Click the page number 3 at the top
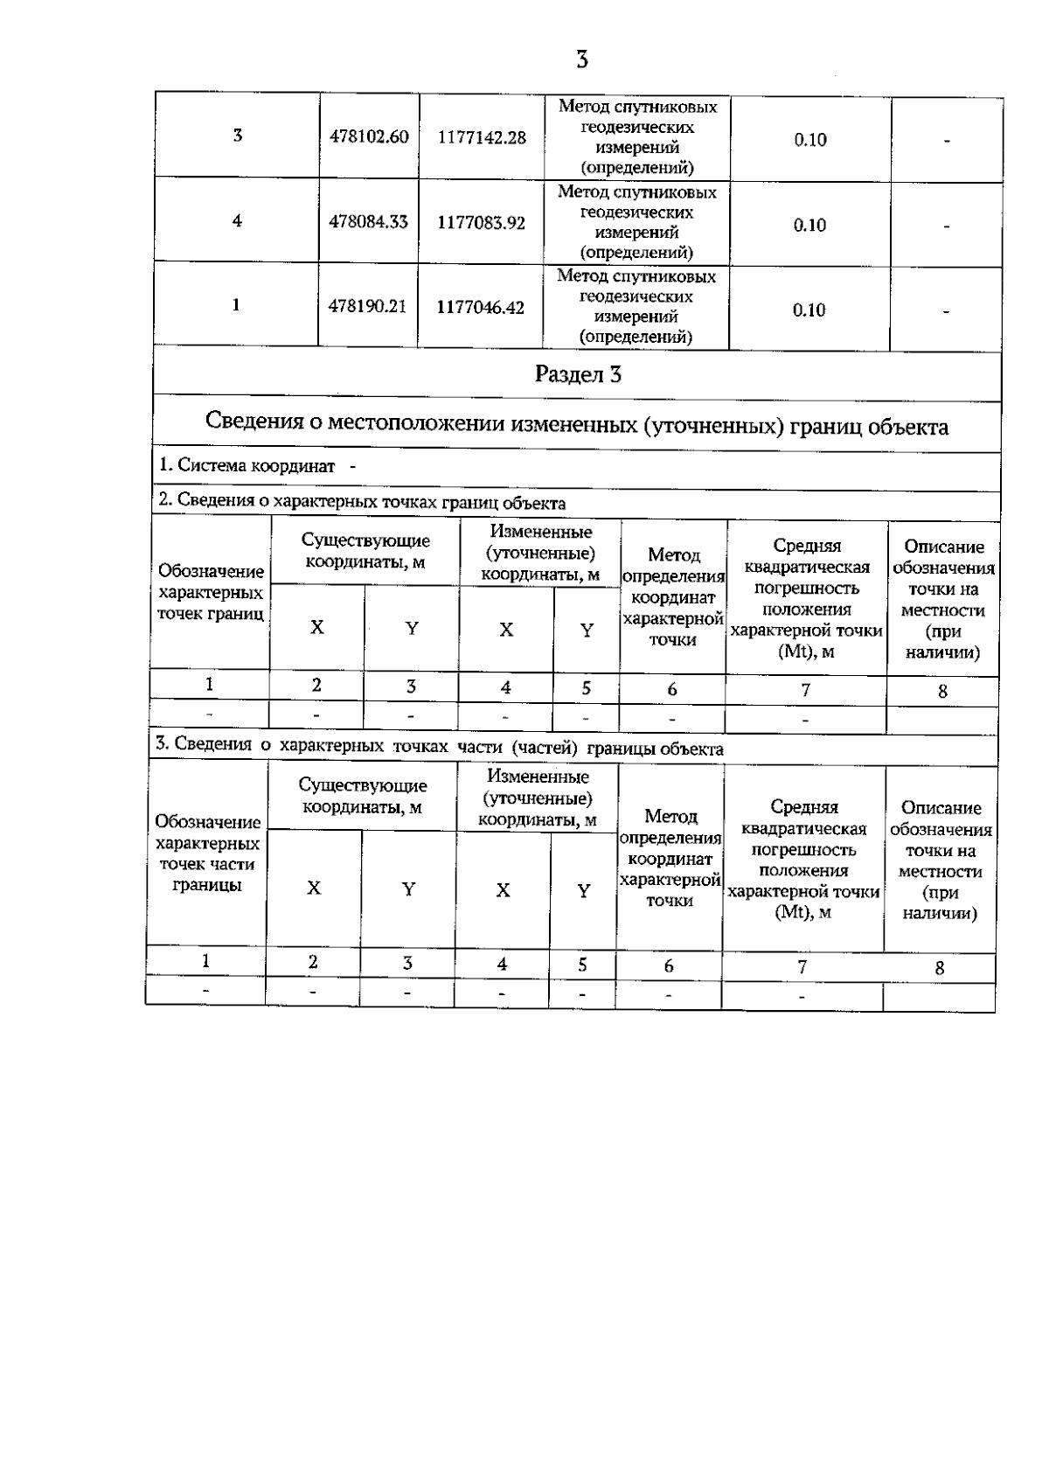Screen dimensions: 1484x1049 pyautogui.click(x=582, y=59)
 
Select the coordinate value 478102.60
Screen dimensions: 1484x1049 pyautogui.click(x=369, y=137)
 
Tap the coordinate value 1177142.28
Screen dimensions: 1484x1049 pyautogui.click(x=482, y=137)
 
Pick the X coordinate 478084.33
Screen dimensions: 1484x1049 pyautogui.click(x=368, y=222)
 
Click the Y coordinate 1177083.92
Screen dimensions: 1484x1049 pyautogui.click(x=481, y=223)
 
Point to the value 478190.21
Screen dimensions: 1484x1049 pyautogui.click(x=367, y=307)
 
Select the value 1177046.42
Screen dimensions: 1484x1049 pyautogui.click(x=480, y=308)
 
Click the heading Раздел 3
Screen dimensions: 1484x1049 pyautogui.click(x=578, y=375)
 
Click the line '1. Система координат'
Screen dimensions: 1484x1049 pyautogui.click(x=246, y=466)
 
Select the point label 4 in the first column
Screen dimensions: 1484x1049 pyautogui.click(x=237, y=221)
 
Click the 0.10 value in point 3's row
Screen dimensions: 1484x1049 pyautogui.click(x=810, y=140)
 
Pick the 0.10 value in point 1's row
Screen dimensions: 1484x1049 pyautogui.click(x=809, y=310)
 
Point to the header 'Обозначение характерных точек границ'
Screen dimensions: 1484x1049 pyautogui.click(x=211, y=592)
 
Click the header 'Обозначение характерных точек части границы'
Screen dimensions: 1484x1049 pyautogui.click(x=207, y=853)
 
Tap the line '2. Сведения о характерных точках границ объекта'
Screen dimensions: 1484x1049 pyautogui.click(x=362, y=503)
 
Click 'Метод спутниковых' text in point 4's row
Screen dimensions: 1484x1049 pyautogui.click(x=636, y=192)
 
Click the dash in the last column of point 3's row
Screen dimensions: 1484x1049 pyautogui.click(x=947, y=141)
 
